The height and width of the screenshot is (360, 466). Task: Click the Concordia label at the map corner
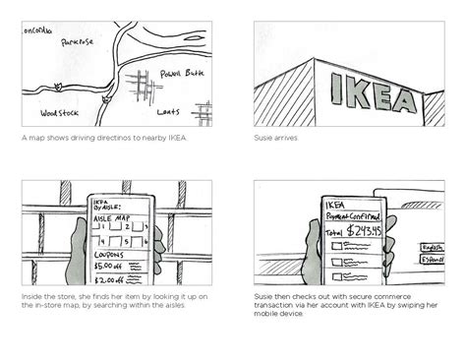tap(37, 29)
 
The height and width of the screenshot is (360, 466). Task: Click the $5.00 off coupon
tap(108, 263)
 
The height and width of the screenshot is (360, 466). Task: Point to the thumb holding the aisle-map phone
tap(156, 239)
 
